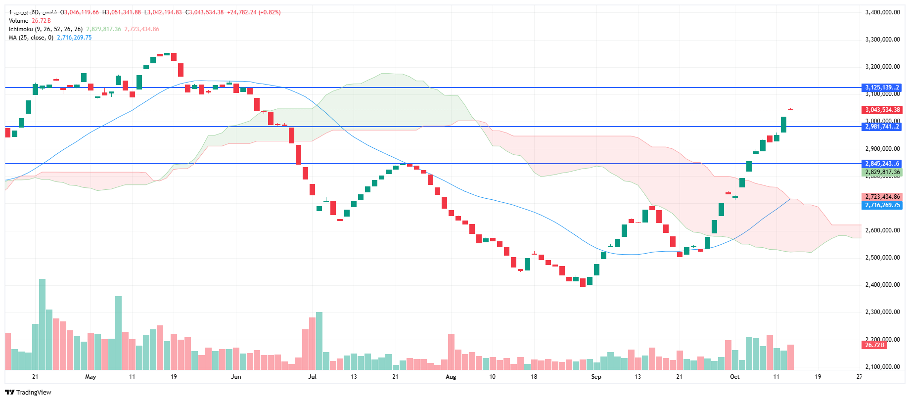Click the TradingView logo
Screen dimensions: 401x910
pyautogui.click(x=28, y=392)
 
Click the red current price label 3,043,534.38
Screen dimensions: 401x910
pyautogui.click(x=882, y=110)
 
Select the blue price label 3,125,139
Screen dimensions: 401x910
pyautogui.click(x=882, y=88)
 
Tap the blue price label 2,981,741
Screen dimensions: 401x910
pyautogui.click(x=882, y=127)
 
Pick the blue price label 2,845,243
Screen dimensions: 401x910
pyautogui.click(x=882, y=164)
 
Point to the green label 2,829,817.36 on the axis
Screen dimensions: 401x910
pyautogui.click(x=882, y=172)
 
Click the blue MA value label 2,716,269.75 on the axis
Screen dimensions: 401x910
pyautogui.click(x=882, y=205)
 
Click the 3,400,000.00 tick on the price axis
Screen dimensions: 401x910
pyautogui.click(x=882, y=12)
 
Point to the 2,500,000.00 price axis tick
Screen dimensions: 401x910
pyautogui.click(x=882, y=258)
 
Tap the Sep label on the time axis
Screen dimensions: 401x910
pyautogui.click(x=596, y=377)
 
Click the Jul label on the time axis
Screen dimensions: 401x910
pyautogui.click(x=312, y=377)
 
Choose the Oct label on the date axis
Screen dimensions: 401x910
pyautogui.click(x=734, y=377)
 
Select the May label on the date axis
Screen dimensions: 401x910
pyautogui.click(x=91, y=377)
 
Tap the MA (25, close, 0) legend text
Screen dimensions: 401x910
pyautogui.click(x=31, y=38)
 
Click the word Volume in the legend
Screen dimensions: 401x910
pyautogui.click(x=19, y=21)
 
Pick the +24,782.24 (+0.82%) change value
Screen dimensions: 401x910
pyautogui.click(x=254, y=12)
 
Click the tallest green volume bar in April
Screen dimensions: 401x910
pyautogui.click(x=42, y=324)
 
